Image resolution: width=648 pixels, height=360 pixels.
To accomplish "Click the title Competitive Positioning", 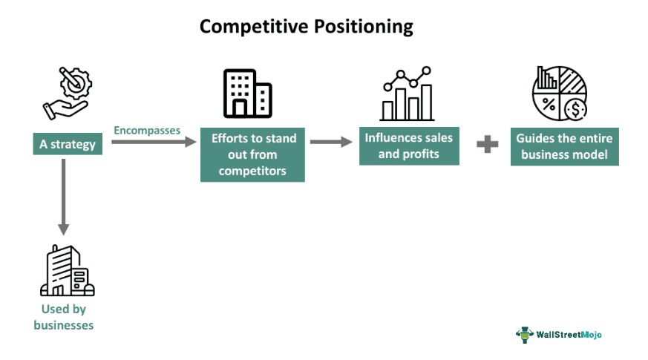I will point(306,27).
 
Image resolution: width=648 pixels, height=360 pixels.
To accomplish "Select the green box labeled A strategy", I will point(68,144).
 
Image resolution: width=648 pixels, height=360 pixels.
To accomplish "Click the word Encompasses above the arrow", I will point(147,130).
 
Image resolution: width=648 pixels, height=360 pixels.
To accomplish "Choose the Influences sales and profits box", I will point(408,145).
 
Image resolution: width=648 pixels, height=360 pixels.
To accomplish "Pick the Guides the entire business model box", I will point(564,145).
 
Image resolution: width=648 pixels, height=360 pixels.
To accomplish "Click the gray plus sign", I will point(487,144).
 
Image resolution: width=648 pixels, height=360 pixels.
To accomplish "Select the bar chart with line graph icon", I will point(407,94).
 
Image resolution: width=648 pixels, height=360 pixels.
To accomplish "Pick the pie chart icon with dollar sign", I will point(559,94).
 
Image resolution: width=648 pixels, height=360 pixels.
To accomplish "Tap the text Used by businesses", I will point(64,317).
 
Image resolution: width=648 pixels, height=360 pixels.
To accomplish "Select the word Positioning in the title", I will point(360,27).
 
